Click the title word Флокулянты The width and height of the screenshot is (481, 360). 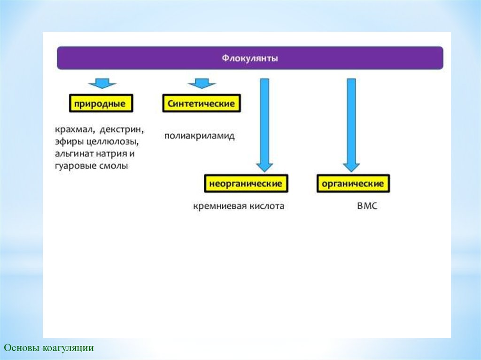tap(250, 58)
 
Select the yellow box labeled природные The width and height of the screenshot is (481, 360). tap(101, 103)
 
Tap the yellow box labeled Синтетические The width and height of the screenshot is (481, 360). tap(201, 103)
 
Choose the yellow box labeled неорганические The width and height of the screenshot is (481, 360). tap(246, 184)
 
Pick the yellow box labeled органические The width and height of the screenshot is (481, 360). tap(353, 184)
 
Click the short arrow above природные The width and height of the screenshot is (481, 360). tap(102, 84)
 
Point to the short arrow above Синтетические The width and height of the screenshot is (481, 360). tap(202, 84)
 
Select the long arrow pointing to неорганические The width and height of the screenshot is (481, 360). tap(264, 125)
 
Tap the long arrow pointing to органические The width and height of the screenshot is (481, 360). tap(351, 125)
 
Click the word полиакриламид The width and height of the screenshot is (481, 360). tap(199, 136)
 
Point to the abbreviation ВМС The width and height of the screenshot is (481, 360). tap(367, 206)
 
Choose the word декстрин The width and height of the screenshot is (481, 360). tap(122, 130)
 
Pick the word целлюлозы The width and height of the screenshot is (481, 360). tap(112, 142)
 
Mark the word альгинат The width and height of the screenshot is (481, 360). tap(74, 153)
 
